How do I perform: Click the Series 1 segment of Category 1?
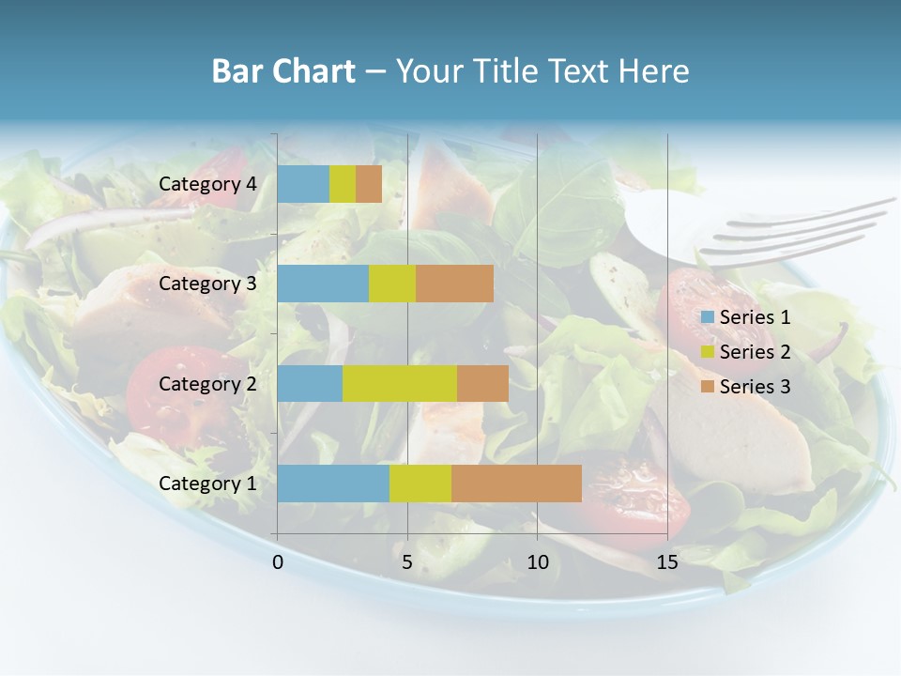point(333,484)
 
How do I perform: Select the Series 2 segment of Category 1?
point(420,484)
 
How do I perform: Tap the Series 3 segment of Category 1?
point(516,484)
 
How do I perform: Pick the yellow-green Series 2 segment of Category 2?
point(399,383)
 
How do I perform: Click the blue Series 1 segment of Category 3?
point(323,284)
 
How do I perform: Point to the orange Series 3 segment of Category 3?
point(454,284)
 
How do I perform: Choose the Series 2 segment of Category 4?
point(343,184)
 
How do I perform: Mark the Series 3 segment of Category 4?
point(369,184)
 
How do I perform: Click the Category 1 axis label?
point(207,484)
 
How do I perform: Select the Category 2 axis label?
point(207,383)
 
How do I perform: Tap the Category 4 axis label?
point(207,184)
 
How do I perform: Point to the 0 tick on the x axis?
point(278,562)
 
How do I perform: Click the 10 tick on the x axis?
point(537,562)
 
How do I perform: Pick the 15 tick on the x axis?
point(667,562)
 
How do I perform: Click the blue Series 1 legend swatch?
point(707,317)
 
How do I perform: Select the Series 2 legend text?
point(755,352)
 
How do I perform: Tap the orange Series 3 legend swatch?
point(707,387)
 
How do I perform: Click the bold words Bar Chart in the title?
point(283,71)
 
